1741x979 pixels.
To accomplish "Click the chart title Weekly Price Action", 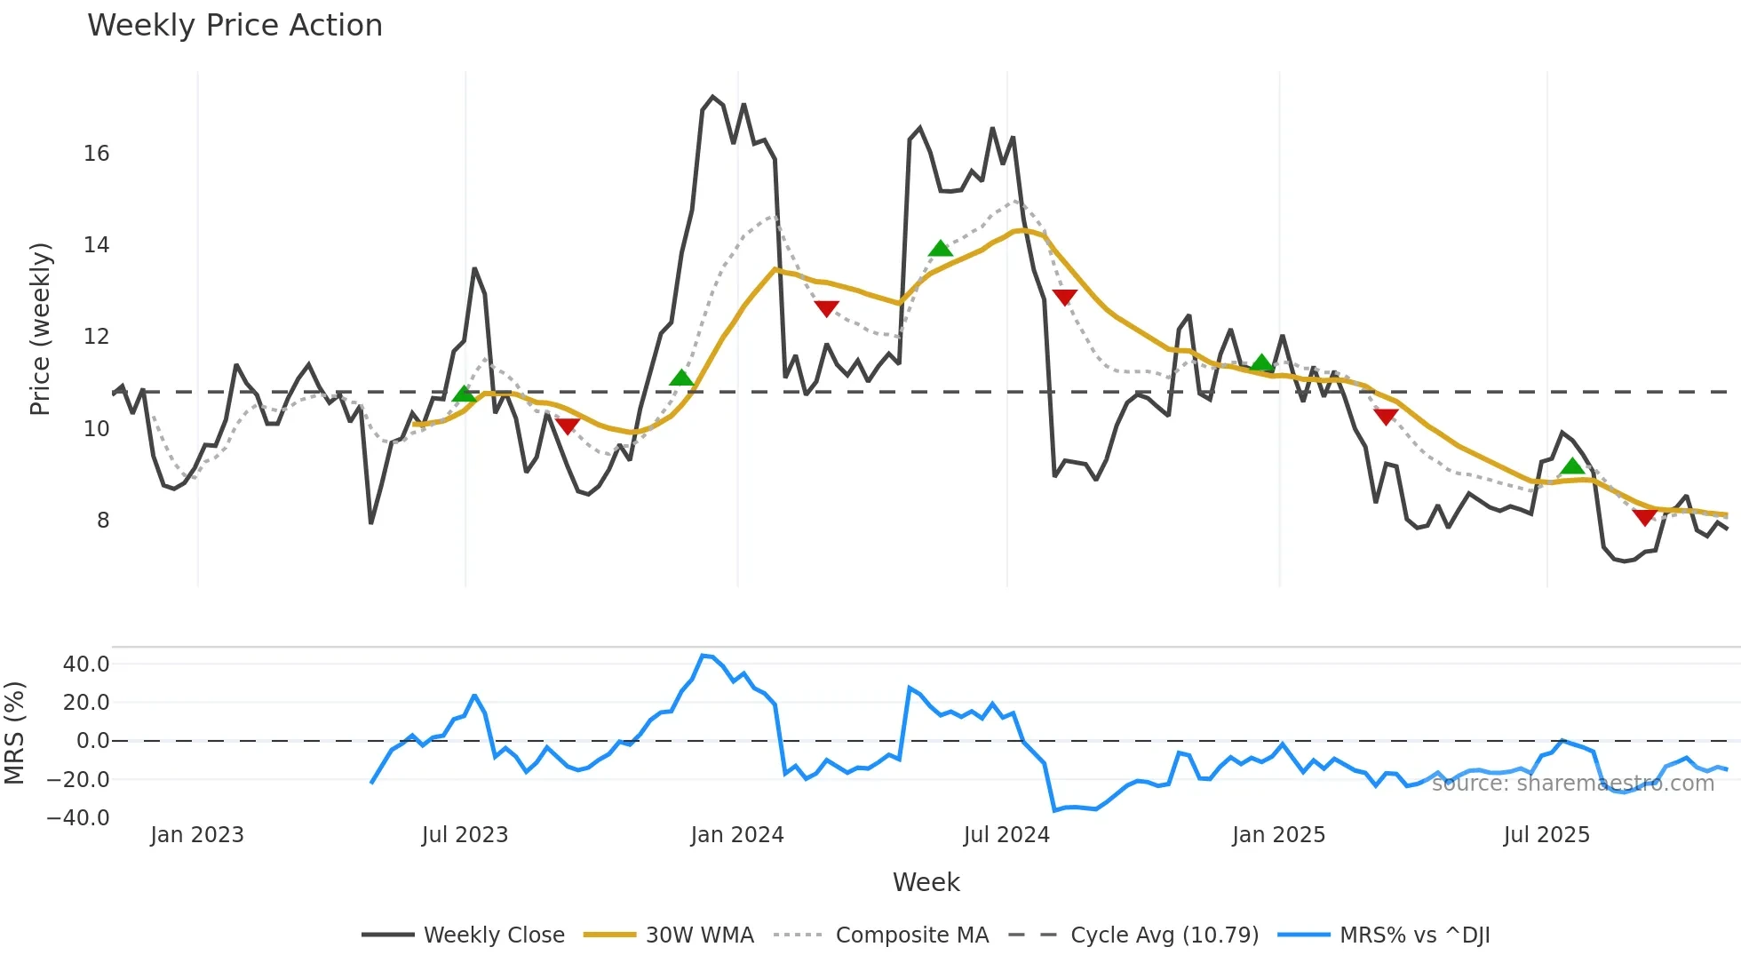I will (235, 26).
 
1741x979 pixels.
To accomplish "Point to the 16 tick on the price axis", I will (96, 154).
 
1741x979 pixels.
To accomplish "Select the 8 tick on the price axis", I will (102, 521).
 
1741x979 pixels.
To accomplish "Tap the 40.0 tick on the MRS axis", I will (86, 665).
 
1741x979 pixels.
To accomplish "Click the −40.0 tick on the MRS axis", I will (78, 818).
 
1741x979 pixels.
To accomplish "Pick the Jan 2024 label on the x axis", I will (736, 835).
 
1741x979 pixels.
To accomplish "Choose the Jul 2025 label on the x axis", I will (1546, 835).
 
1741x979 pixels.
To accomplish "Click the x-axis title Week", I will (926, 882).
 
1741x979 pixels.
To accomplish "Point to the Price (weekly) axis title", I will (40, 329).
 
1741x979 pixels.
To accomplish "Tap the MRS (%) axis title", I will (14, 733).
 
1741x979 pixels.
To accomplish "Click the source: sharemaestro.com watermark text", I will (1572, 784).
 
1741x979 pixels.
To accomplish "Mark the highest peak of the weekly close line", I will (712, 97).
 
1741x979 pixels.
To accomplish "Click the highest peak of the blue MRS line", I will (703, 656).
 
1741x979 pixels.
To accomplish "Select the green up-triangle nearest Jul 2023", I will (464, 394).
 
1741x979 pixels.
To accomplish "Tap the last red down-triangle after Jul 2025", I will (1644, 517).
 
